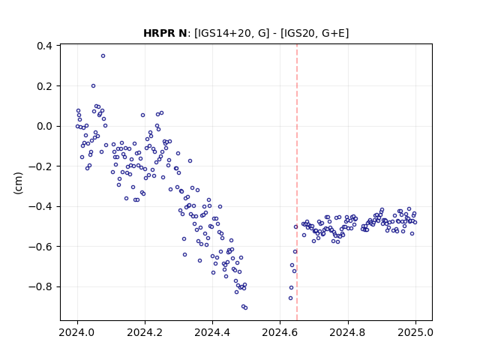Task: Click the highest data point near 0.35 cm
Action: click(x=103, y=56)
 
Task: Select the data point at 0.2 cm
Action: click(x=93, y=86)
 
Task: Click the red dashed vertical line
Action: click(x=297, y=182)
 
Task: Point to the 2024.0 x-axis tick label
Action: click(x=77, y=332)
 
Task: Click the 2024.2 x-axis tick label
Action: click(x=145, y=332)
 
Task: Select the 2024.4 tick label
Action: click(x=212, y=332)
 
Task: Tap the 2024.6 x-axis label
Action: click(x=280, y=332)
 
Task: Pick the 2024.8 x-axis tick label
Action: click(x=348, y=332)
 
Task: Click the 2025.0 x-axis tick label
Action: click(x=415, y=332)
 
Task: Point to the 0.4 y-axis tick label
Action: click(x=45, y=46)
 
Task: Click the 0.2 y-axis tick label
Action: click(x=45, y=86)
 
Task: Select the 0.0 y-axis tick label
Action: click(x=45, y=126)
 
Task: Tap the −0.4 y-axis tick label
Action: click(x=40, y=207)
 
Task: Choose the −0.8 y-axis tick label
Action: click(x=40, y=286)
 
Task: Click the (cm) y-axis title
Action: click(x=18, y=183)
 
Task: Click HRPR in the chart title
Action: click(x=157, y=33)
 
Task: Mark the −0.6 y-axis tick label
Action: click(x=40, y=247)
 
